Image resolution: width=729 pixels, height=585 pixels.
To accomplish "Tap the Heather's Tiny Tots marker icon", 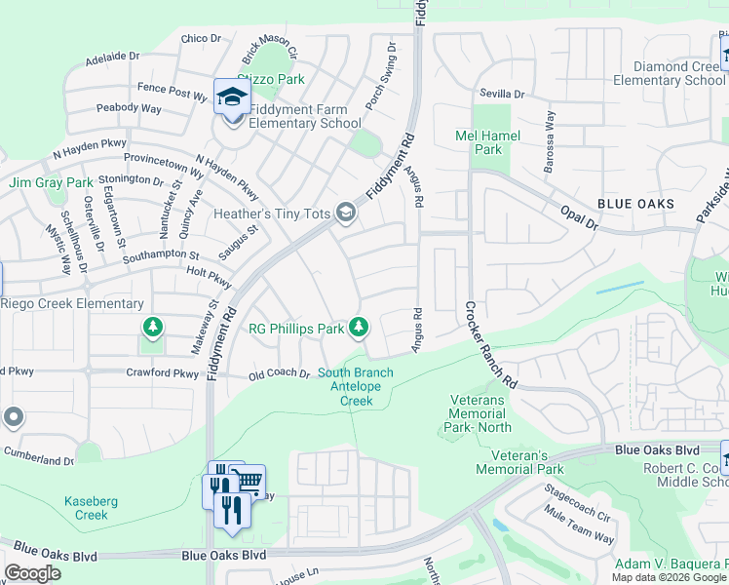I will point(345,213).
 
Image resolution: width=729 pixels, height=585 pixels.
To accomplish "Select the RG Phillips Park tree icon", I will point(360,328).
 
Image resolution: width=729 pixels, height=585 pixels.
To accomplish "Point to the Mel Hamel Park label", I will point(487,142).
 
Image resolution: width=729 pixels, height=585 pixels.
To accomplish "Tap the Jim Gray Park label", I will point(51,182).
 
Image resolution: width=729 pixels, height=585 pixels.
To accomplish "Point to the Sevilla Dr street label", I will point(502,95).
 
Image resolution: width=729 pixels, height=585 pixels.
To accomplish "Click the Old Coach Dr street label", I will point(279,374).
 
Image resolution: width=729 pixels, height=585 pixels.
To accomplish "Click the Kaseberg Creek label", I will point(92,508).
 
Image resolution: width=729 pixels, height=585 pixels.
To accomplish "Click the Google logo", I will point(33,573).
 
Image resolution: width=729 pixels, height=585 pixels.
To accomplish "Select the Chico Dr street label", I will point(202,39).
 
